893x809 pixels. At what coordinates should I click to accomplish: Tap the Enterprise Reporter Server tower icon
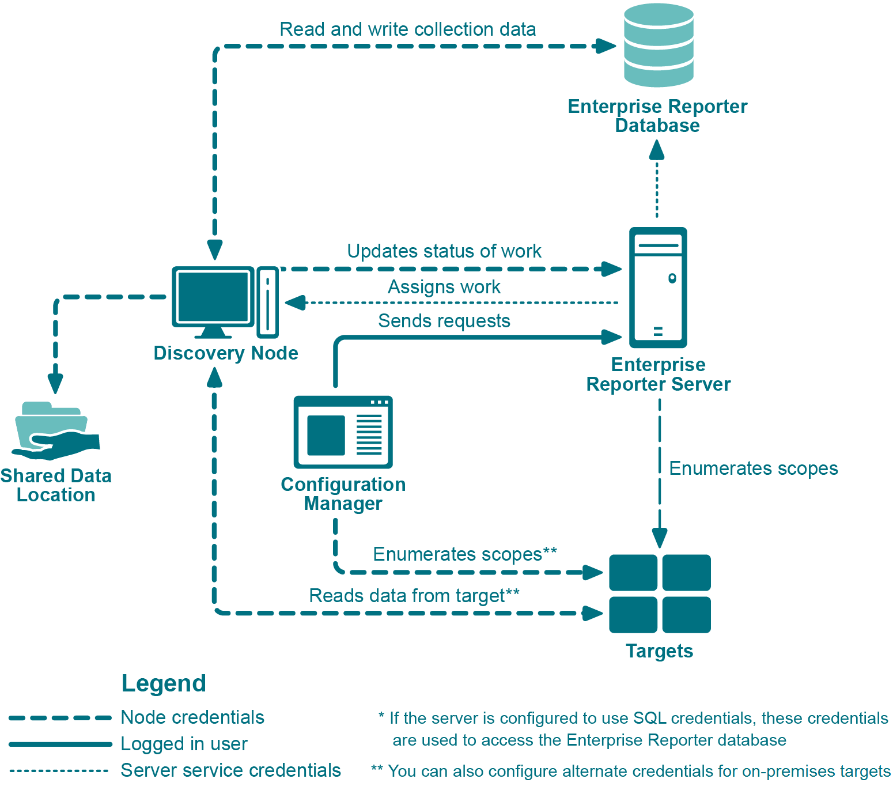point(658,287)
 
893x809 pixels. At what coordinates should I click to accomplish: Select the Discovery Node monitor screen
point(213,297)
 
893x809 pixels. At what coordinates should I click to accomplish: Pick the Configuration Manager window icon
point(343,432)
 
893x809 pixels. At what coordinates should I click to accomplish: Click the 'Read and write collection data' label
point(407,29)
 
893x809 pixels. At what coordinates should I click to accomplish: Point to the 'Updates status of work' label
point(444,251)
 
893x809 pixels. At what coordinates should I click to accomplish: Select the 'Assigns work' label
point(444,287)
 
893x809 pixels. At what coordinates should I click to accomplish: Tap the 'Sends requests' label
point(444,321)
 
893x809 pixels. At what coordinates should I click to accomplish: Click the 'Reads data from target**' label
point(414,596)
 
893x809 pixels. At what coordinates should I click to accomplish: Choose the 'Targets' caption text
point(659,651)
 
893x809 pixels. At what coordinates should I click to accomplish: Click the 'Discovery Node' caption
point(226,353)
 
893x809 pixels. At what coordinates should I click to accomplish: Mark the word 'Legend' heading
point(164,683)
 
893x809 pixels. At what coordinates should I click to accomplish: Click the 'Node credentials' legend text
point(192,717)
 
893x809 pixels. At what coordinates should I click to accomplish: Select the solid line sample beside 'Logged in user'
point(60,744)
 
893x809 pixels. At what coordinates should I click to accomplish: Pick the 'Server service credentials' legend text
point(230,770)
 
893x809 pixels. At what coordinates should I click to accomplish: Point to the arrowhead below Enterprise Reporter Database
point(657,150)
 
